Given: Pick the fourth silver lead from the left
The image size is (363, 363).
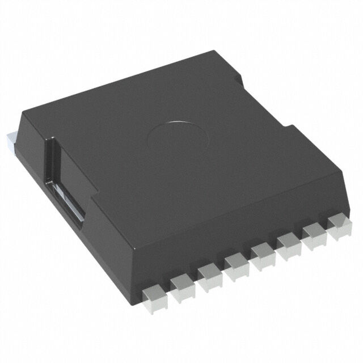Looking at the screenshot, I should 236,261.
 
